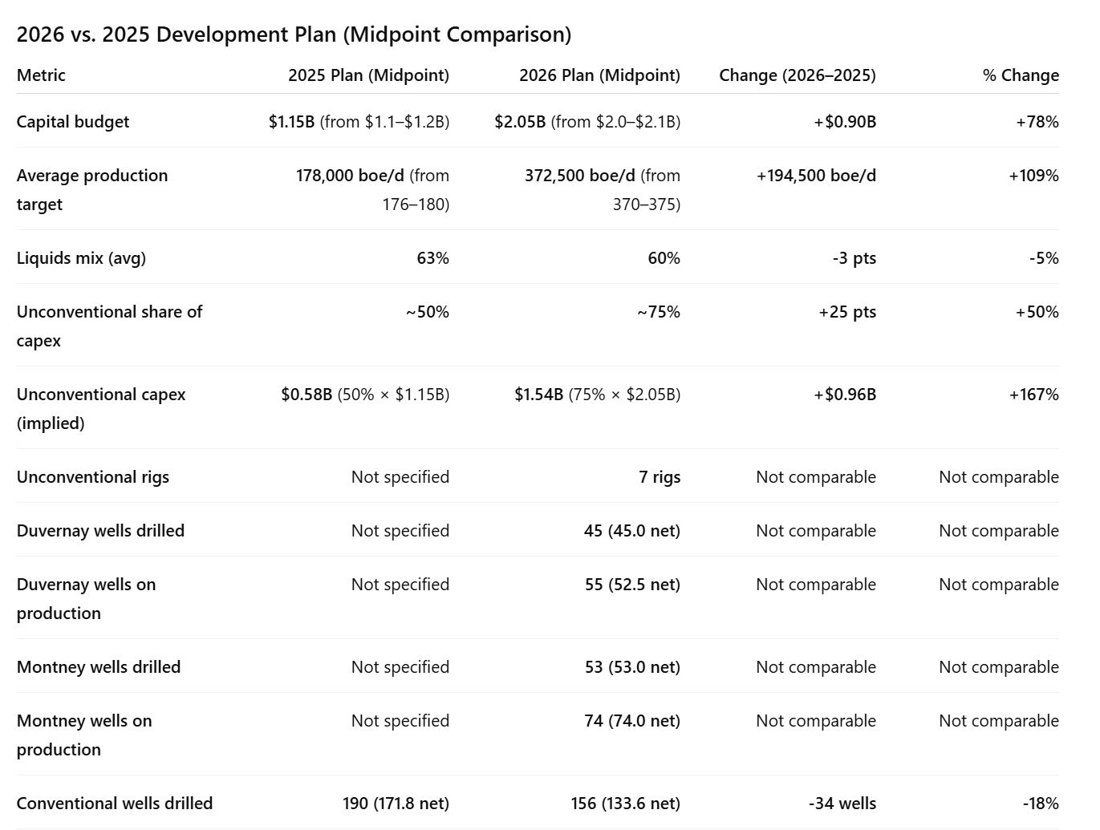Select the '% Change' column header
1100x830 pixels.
1021,75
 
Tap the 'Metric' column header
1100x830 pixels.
41,75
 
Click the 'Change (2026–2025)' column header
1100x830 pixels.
798,75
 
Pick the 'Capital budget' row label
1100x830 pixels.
73,122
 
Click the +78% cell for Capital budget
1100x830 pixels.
1037,122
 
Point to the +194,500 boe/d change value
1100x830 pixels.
816,176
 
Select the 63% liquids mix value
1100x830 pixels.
433,258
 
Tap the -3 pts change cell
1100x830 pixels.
854,258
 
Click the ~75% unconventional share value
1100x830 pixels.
659,312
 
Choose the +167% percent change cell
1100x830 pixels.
1033,395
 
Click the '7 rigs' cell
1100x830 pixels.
660,477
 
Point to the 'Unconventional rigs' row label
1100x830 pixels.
93,477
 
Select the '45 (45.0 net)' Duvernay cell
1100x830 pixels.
632,530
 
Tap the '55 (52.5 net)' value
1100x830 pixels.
632,585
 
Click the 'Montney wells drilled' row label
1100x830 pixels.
98,667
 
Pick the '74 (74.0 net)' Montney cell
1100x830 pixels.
632,721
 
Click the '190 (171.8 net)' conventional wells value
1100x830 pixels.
396,804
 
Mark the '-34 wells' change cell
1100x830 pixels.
842,804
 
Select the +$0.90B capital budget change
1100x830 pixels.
845,122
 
